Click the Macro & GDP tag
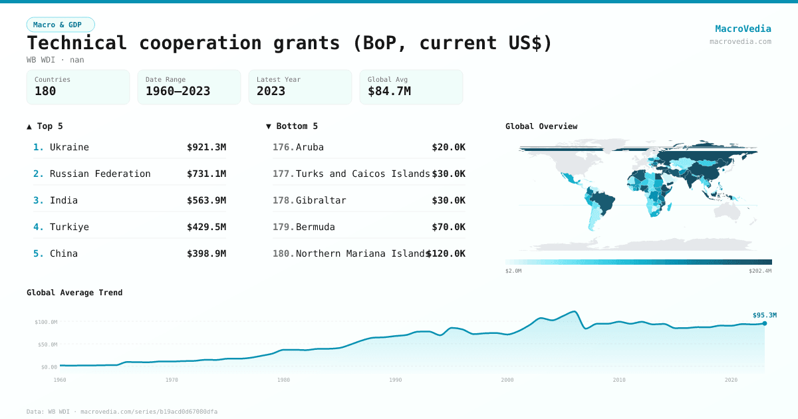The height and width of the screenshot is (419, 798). click(61, 25)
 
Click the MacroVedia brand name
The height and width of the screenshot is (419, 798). click(743, 29)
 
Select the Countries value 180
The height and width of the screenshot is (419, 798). click(45, 91)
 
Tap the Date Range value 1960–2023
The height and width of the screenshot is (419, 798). click(178, 91)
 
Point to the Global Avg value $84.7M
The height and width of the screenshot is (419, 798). click(389, 91)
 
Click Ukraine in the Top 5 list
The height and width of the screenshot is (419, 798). click(69, 147)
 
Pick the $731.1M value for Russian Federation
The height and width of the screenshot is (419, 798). click(206, 174)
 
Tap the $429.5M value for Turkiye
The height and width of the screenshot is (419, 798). click(206, 227)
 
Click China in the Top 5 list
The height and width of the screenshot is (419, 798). click(64, 253)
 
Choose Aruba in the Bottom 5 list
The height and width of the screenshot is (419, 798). click(310, 147)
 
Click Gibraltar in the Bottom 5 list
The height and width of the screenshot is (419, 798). click(321, 200)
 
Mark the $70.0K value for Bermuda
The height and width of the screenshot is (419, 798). click(448, 227)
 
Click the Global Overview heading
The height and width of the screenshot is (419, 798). click(541, 126)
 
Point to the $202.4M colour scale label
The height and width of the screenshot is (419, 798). click(760, 271)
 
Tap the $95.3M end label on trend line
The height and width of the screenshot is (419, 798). click(764, 315)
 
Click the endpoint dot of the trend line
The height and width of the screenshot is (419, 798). click(765, 323)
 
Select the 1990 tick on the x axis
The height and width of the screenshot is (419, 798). click(396, 380)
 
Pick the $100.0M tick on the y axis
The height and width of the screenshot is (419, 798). click(46, 322)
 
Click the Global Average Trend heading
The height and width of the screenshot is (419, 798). click(74, 293)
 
